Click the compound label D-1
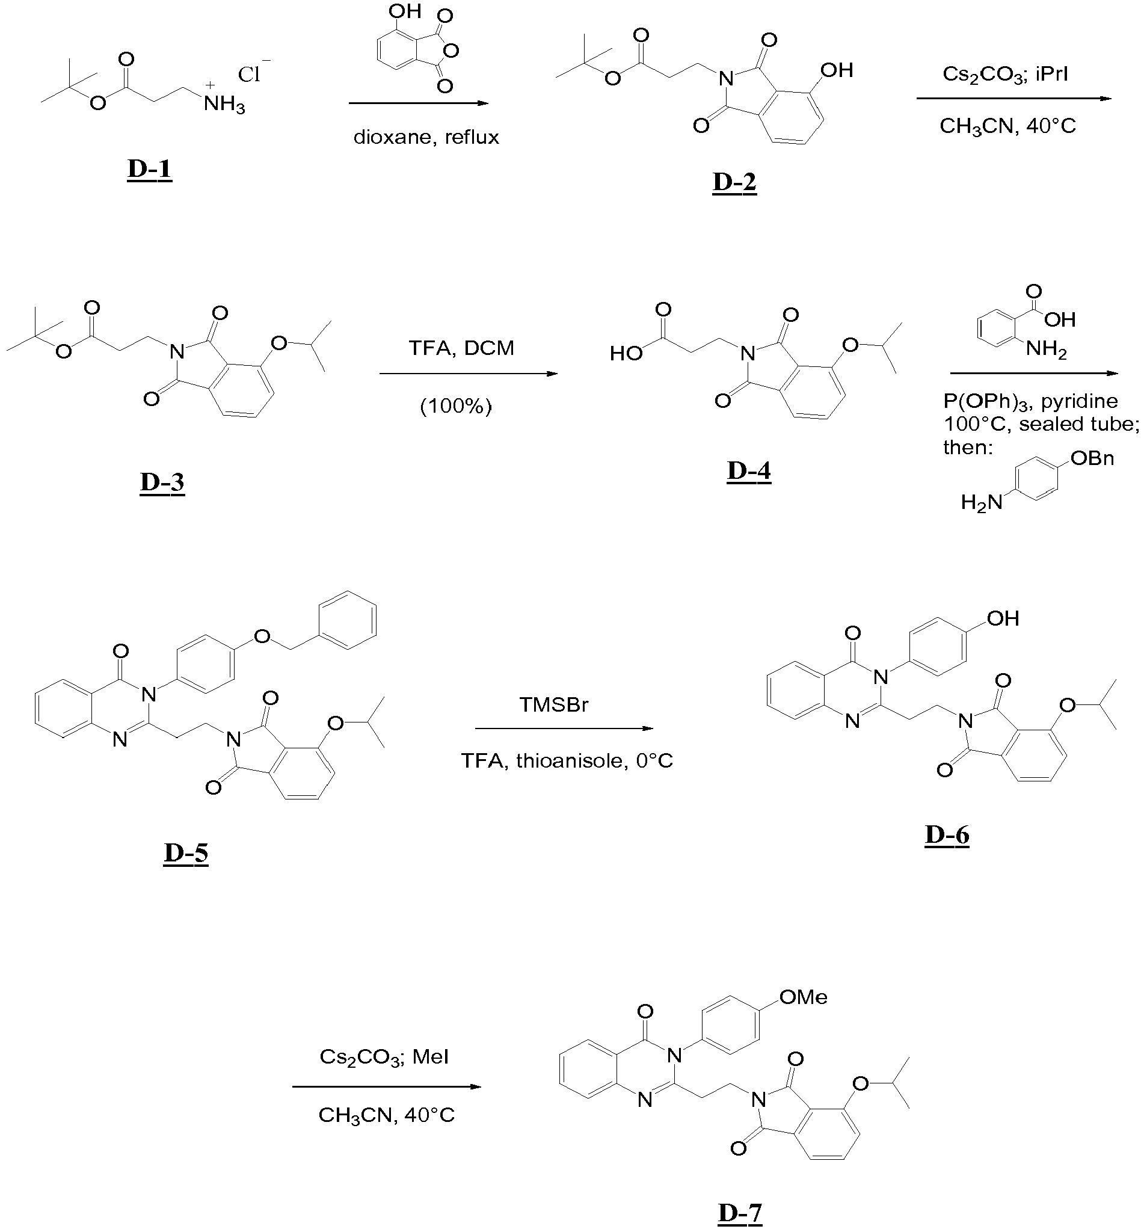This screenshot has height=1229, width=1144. coord(150,169)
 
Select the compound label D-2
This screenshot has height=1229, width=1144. coord(734,182)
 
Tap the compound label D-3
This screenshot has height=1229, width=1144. coord(162,482)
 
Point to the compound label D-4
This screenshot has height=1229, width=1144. coord(748,471)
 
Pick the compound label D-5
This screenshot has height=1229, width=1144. coord(186,853)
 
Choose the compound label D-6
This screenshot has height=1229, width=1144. coord(947,835)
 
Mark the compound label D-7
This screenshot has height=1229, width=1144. coord(740,1213)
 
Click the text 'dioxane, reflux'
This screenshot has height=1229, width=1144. coord(426,137)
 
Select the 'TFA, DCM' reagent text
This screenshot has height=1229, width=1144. coord(461,348)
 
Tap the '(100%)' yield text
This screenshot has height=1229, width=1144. coord(455,406)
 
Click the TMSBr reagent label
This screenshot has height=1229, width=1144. coord(554,705)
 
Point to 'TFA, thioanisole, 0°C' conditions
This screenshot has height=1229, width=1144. coord(567,761)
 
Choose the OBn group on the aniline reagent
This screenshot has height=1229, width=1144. coord(1092,458)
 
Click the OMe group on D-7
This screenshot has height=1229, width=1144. coord(803,997)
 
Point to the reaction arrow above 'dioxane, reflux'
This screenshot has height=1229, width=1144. coord(419,103)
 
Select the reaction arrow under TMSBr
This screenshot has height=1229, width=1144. coord(564,728)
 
